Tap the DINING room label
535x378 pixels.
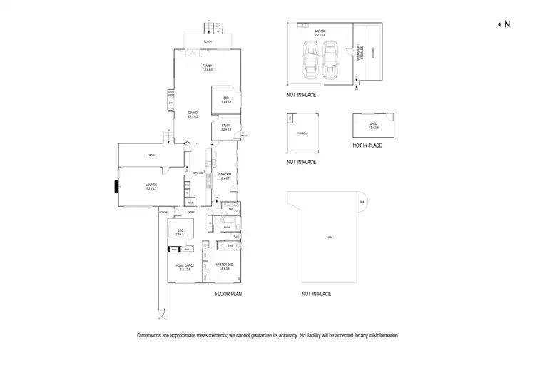tap(193, 114)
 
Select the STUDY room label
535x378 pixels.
tap(225, 127)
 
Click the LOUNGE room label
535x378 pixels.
tap(151, 187)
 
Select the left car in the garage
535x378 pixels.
tap(310, 61)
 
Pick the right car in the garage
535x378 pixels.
tap(330, 61)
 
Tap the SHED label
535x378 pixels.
tap(372, 126)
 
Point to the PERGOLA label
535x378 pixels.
tap(302, 133)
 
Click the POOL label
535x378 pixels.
tap(329, 237)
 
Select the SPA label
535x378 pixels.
tap(362, 202)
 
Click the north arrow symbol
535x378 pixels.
tap(499, 24)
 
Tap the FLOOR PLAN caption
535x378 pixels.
tap(230, 294)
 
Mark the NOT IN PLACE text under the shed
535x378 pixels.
tap(367, 145)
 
